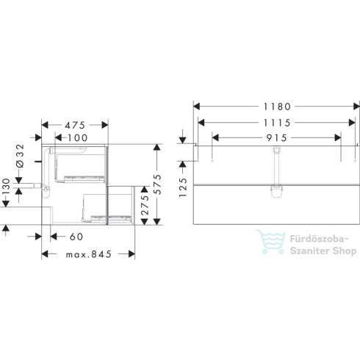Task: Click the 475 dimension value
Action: (x=76, y=123)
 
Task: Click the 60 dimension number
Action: (x=76, y=237)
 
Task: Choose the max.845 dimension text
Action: (x=88, y=255)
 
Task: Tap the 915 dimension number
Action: (x=275, y=137)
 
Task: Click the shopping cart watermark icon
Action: (x=270, y=242)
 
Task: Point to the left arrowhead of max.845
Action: (x=44, y=255)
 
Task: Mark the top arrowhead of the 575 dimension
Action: (x=156, y=146)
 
